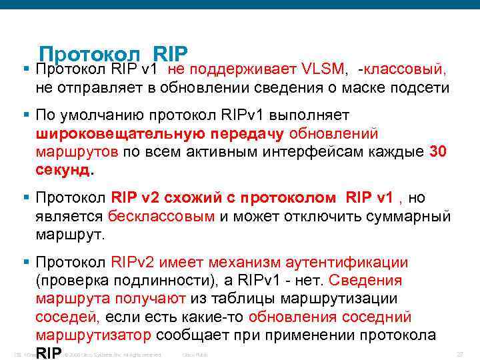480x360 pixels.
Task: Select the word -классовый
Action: (x=403, y=69)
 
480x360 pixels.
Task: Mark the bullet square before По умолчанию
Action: (x=25, y=115)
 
